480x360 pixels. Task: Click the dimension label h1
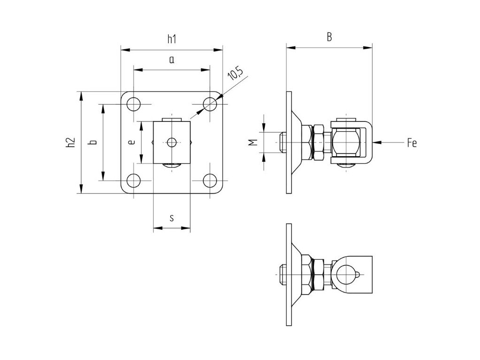pyautogui.click(x=172, y=39)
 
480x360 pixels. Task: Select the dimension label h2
pyautogui.click(x=70, y=142)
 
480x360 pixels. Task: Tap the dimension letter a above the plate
pyautogui.click(x=172, y=60)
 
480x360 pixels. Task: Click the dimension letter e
pyautogui.click(x=132, y=142)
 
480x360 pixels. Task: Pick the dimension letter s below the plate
pyautogui.click(x=172, y=218)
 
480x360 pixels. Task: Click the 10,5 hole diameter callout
pyautogui.click(x=236, y=75)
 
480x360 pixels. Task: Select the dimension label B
pyautogui.click(x=329, y=37)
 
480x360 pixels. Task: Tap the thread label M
pyautogui.click(x=253, y=142)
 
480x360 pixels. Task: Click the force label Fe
pyautogui.click(x=412, y=142)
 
